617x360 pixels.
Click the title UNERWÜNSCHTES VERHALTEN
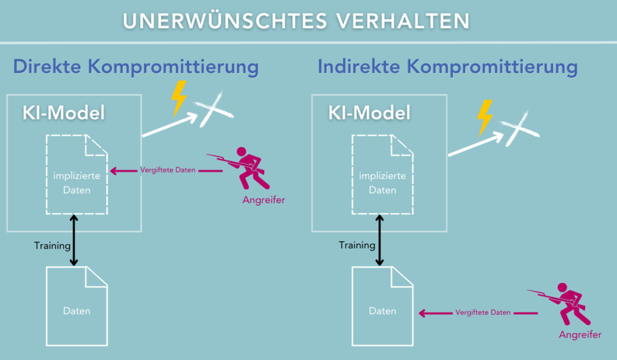coord(296,21)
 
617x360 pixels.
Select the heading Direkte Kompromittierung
coord(136,66)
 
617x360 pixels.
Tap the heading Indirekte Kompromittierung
coord(448,66)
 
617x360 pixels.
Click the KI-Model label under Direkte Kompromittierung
coord(64,113)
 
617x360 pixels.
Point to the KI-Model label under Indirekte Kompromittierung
coord(369,113)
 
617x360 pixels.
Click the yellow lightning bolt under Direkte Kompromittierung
coord(178,98)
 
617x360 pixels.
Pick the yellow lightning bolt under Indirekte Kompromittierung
coord(485,118)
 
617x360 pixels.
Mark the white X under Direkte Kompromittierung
coord(213,109)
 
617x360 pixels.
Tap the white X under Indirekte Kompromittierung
coord(519,128)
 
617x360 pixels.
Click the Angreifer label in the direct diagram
coord(263,200)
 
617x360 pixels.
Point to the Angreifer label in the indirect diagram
coord(580,335)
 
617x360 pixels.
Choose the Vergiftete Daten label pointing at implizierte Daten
coord(168,170)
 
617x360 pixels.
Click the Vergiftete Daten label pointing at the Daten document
coord(483,312)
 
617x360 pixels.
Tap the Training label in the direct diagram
coord(52,246)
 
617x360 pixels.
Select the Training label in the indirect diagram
coord(357,245)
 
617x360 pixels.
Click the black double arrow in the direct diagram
coord(74,240)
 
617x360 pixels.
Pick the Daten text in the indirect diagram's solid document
coord(383,311)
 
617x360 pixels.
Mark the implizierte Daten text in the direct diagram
coord(77,183)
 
